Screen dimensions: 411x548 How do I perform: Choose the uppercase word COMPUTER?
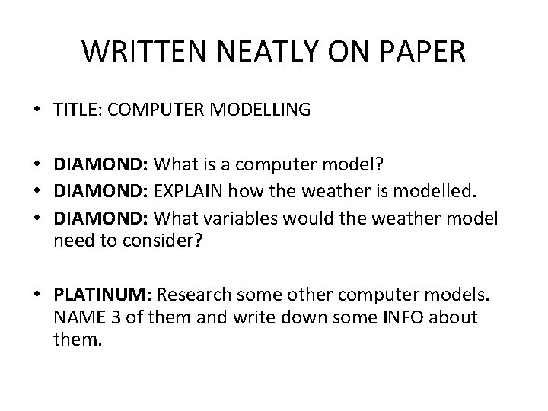coord(156,110)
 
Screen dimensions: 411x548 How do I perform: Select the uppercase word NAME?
coord(76,317)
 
